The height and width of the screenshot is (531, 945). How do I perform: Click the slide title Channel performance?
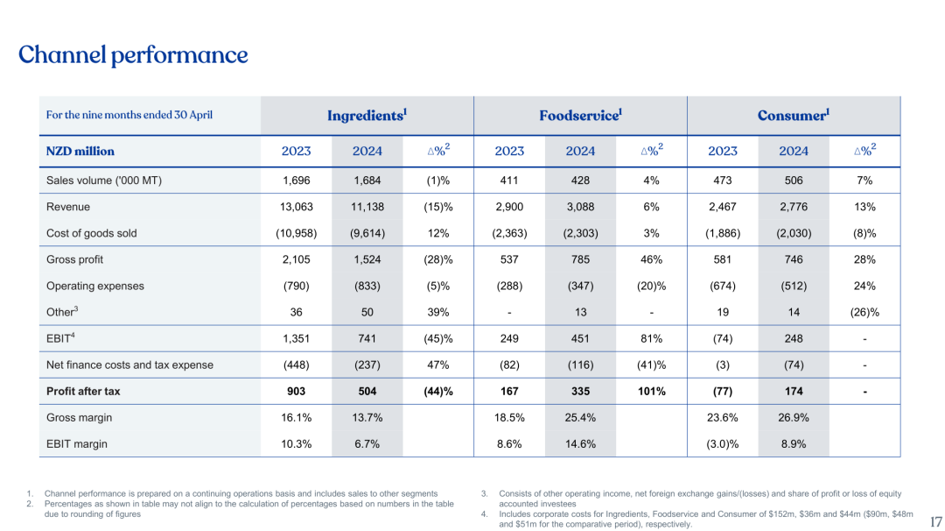click(133, 55)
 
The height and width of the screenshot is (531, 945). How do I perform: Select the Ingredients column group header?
click(367, 115)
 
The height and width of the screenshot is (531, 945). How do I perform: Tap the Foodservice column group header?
click(580, 115)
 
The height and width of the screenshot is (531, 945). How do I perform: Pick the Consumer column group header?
click(793, 115)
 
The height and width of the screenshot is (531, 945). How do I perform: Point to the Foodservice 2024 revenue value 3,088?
click(580, 207)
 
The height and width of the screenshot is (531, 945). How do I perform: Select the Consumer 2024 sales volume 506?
click(794, 181)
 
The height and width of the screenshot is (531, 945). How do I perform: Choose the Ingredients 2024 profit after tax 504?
click(367, 391)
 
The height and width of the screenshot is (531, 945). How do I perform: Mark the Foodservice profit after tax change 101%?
click(651, 391)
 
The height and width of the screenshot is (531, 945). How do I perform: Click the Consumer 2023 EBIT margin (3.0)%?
click(722, 443)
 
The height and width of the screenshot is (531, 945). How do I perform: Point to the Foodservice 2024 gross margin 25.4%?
click(580, 417)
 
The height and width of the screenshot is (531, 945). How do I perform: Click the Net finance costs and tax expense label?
click(129, 365)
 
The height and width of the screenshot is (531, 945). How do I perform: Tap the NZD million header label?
click(80, 151)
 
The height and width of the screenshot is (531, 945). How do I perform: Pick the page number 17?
click(935, 522)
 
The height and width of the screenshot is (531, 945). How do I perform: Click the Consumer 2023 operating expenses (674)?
click(722, 286)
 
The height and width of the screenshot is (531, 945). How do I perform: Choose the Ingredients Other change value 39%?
click(438, 312)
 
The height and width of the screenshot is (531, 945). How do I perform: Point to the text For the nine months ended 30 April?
click(129, 115)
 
